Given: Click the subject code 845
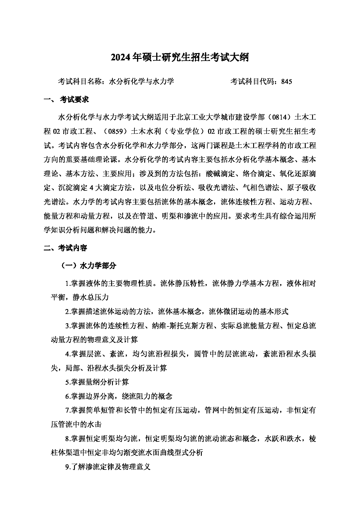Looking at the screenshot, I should coord(286,82).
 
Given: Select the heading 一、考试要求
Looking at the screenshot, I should coord(66,100).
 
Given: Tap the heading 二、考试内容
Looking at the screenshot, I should coord(65,248).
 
